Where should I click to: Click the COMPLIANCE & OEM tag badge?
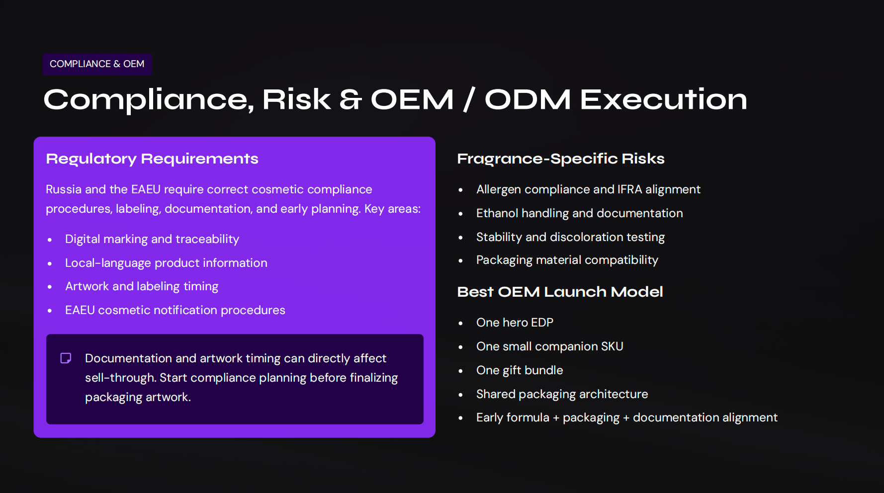(x=97, y=64)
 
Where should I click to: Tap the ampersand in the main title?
(x=351, y=99)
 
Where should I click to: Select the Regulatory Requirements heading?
(x=152, y=159)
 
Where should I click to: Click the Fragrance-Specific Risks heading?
(x=560, y=159)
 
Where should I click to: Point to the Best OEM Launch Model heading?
(x=560, y=292)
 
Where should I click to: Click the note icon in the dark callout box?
(x=66, y=358)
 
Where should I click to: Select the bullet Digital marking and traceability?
(x=152, y=239)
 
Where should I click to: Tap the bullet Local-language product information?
(x=166, y=263)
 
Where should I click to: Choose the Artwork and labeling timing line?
(x=142, y=286)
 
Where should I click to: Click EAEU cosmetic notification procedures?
(x=175, y=310)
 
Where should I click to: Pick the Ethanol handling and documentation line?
(x=579, y=213)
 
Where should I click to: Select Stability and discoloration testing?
(x=570, y=237)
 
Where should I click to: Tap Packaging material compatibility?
(x=567, y=260)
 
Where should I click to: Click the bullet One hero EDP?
(x=515, y=323)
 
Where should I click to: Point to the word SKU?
(x=612, y=346)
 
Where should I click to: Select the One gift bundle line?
(x=520, y=370)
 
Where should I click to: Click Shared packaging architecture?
(x=562, y=394)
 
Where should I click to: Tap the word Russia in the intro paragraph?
(x=64, y=189)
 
